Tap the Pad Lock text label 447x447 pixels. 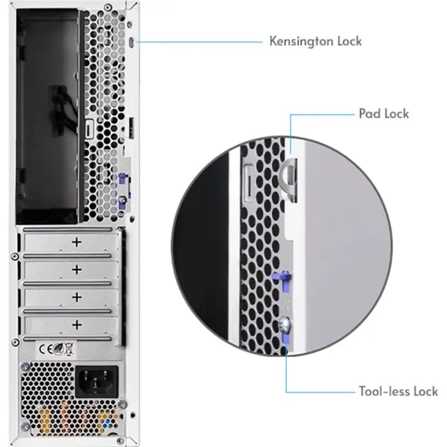[x=384, y=114]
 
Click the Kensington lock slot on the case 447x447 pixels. [x=131, y=42]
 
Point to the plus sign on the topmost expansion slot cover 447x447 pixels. [x=77, y=242]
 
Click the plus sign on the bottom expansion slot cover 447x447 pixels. [x=77, y=324]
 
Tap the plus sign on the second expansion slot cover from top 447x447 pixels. [x=77, y=269]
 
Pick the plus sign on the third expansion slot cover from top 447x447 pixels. [x=77, y=297]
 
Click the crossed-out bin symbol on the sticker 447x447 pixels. [x=69, y=349]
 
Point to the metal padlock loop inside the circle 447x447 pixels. [x=289, y=176]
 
